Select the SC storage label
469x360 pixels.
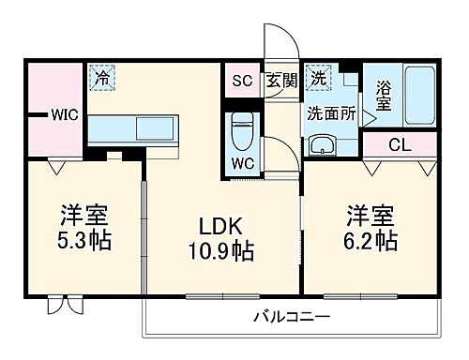(243, 80)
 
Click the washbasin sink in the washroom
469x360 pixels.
(322, 146)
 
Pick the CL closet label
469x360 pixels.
(399, 145)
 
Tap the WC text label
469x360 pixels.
(243, 162)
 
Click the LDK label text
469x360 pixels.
(221, 226)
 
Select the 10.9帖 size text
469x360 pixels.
(221, 251)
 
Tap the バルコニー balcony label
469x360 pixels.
(292, 317)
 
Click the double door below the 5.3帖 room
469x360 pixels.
(65, 305)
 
